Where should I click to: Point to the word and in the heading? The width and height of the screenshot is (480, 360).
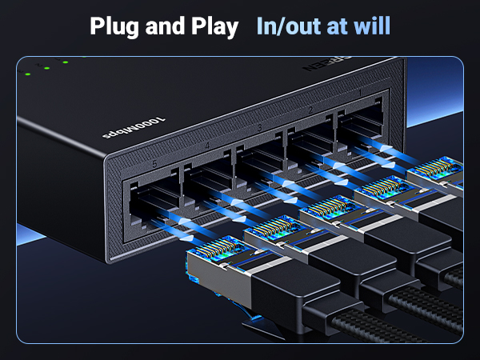coord(165,26)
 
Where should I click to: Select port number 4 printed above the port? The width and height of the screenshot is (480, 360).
coord(208,146)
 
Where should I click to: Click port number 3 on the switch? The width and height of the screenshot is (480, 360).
coord(260,129)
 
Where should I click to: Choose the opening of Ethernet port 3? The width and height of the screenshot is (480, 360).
coord(261,159)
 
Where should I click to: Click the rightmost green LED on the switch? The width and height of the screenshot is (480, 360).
coord(66,62)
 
